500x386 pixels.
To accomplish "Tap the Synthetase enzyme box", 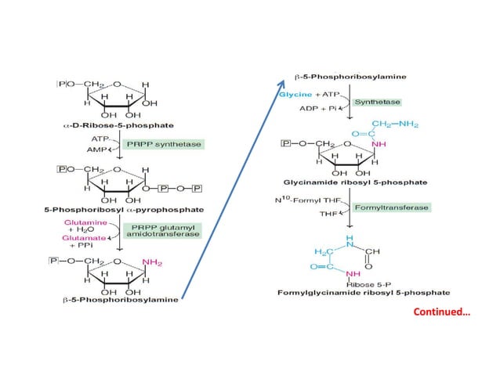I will click(x=376, y=102).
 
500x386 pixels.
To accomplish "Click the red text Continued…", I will click(x=442, y=312).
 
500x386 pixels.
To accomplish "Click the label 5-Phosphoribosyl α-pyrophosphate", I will click(x=114, y=210).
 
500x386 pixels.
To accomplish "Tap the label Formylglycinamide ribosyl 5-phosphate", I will click(x=364, y=292).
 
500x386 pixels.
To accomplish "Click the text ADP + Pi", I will click(x=317, y=107).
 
